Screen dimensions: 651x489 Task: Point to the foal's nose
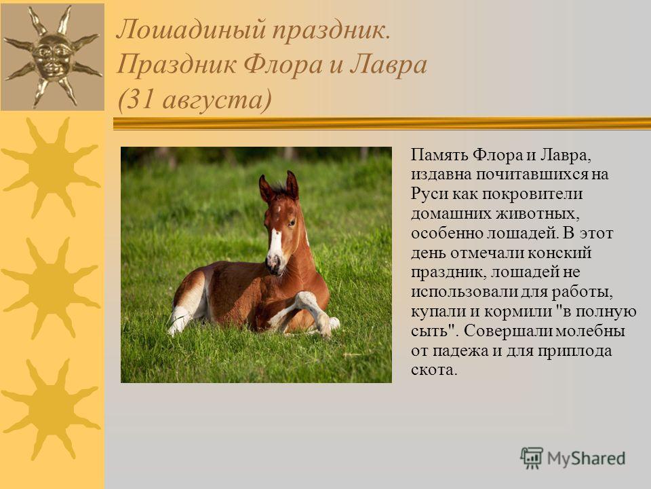(x=273, y=264)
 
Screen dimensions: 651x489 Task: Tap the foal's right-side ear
(x=292, y=185)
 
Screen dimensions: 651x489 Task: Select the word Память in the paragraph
(x=439, y=156)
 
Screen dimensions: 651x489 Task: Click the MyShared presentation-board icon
(x=532, y=458)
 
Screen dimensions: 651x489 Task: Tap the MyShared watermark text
(x=586, y=459)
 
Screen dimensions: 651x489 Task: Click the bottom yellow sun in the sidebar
(x=52, y=410)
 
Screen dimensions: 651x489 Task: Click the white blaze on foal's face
(x=275, y=242)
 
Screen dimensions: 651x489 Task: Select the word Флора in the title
(x=283, y=66)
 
